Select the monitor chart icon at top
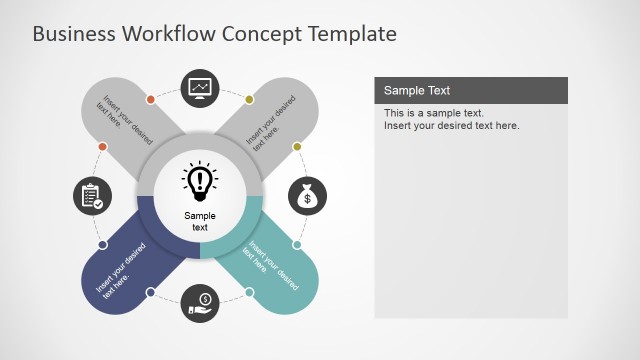click(200, 88)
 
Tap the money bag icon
click(308, 197)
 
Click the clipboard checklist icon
click(92, 195)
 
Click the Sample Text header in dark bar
click(418, 90)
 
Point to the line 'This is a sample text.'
click(434, 113)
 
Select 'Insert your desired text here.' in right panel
click(452, 126)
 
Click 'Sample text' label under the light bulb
click(200, 221)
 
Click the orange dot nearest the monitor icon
click(150, 99)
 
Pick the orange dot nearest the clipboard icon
click(102, 146)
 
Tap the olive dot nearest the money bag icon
click(297, 147)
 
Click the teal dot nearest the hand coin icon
click(250, 293)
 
